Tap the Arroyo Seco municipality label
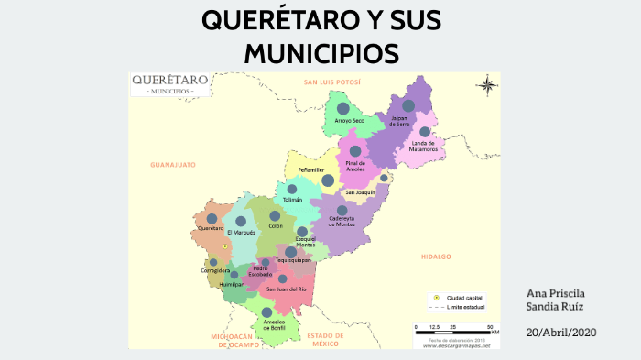(350, 121)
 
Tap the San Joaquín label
(360, 192)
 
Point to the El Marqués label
(241, 233)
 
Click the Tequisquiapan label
(293, 261)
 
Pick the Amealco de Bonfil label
(266, 326)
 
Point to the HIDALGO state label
(436, 256)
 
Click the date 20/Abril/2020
(560, 332)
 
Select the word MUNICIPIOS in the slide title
(320, 53)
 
